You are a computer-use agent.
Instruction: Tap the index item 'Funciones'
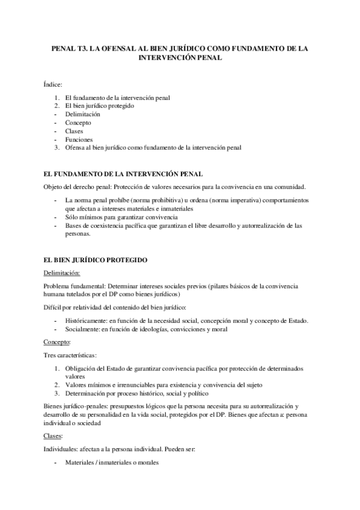[79, 139]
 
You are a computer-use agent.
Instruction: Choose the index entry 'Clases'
[75, 131]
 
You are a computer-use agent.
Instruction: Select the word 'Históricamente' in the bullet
[87, 321]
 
